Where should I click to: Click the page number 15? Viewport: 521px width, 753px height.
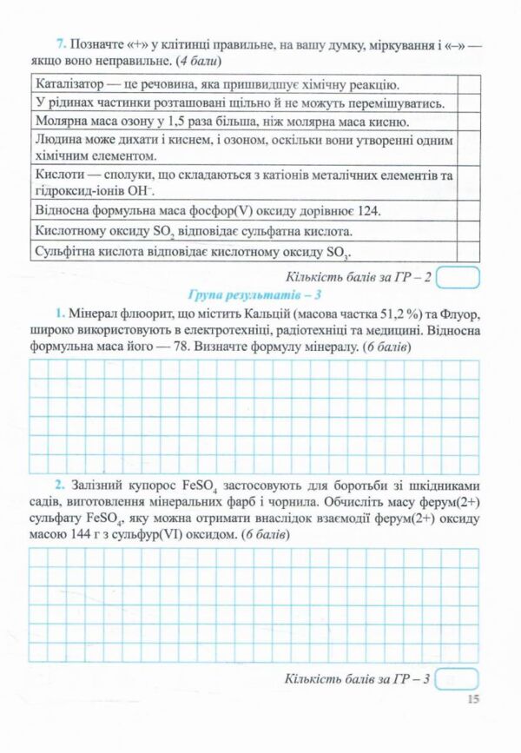pyautogui.click(x=472, y=698)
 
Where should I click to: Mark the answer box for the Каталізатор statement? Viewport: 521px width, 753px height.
pyautogui.click(x=468, y=84)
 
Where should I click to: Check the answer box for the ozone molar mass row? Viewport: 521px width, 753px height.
pyautogui.click(x=468, y=122)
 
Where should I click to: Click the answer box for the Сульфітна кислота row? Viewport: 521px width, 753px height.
pyautogui.click(x=468, y=252)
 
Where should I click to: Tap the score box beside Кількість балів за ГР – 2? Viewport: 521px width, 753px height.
pyautogui.click(x=458, y=277)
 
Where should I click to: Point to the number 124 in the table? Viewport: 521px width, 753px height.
pyautogui.click(x=366, y=210)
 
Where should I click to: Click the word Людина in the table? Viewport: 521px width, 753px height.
pyautogui.click(x=61, y=140)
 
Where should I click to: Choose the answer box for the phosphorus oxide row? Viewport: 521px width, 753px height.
pyautogui.click(x=468, y=210)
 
